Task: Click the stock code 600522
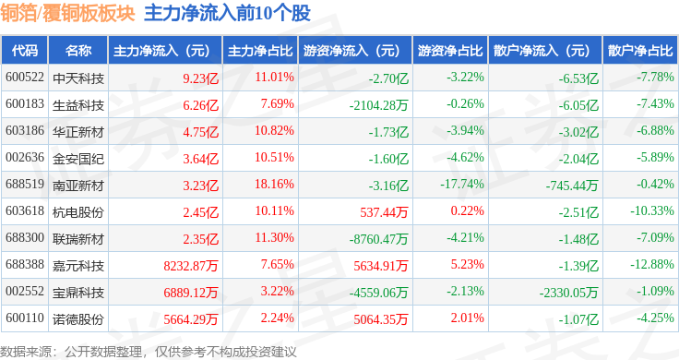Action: (x=25, y=78)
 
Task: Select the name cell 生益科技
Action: (x=78, y=105)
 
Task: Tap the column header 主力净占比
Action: (x=260, y=51)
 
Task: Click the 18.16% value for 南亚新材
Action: (x=274, y=184)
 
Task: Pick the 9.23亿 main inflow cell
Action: (x=200, y=78)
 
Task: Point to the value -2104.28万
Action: (x=379, y=105)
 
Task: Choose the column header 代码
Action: (x=25, y=51)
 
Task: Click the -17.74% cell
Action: (x=462, y=184)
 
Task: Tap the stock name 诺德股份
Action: (x=78, y=319)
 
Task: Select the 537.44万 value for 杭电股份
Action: (x=384, y=212)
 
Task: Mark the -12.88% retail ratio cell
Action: (x=652, y=264)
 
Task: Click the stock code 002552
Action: (x=25, y=291)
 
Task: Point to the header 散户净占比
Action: (x=640, y=51)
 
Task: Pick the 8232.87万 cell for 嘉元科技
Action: (x=191, y=266)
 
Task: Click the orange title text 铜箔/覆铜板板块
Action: (x=67, y=14)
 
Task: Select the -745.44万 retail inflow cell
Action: (x=572, y=186)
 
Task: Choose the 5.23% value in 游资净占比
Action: (x=467, y=264)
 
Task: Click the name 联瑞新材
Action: (x=78, y=239)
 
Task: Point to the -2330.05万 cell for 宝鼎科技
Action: (x=568, y=293)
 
